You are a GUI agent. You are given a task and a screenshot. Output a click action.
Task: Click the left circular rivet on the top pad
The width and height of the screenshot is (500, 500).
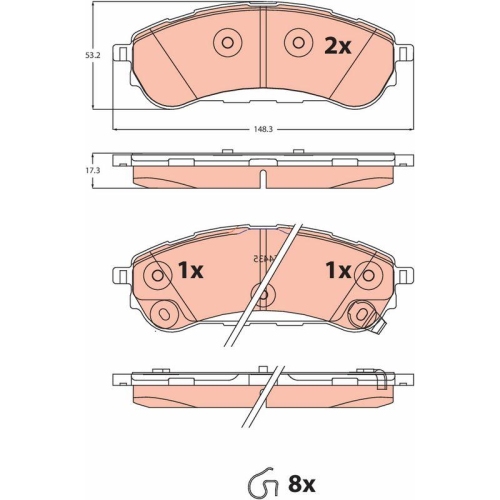point(226,42)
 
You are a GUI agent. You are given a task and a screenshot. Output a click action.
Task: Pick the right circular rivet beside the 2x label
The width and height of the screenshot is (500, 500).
point(296,42)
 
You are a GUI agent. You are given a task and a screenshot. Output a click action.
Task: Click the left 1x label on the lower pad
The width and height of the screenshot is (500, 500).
point(190,271)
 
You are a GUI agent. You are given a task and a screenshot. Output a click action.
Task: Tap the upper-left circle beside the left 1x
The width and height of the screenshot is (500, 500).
point(155,274)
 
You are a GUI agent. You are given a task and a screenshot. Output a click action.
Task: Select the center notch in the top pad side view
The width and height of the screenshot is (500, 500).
point(261,178)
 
